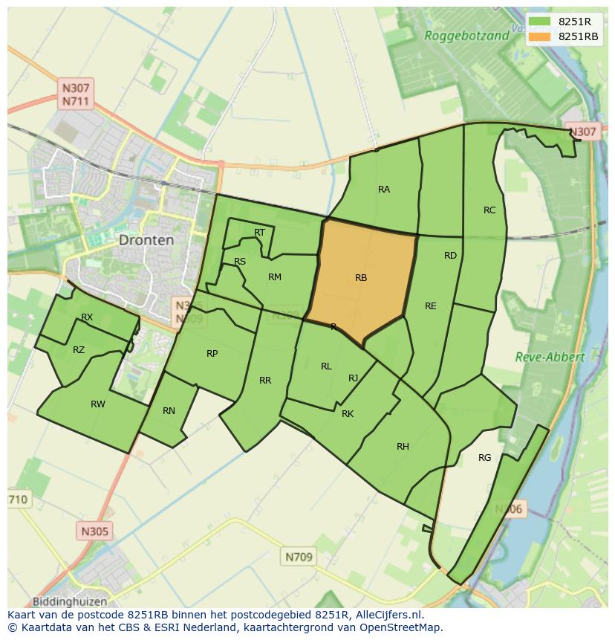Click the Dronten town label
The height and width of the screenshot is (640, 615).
click(x=146, y=240)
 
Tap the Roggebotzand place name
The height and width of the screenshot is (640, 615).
click(x=466, y=35)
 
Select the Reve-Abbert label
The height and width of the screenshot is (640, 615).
click(x=550, y=357)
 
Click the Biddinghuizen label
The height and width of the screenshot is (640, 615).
click(x=70, y=601)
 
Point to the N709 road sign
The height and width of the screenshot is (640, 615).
click(x=299, y=557)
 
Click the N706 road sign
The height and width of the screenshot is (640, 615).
click(x=510, y=509)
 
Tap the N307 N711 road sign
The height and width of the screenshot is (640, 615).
click(x=77, y=94)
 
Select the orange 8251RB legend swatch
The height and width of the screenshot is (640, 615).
click(x=540, y=36)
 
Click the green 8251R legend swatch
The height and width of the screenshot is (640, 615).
click(x=540, y=22)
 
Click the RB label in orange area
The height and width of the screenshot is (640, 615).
click(x=361, y=278)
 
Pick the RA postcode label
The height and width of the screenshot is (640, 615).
click(x=383, y=190)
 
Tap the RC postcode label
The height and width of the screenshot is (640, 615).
click(x=489, y=210)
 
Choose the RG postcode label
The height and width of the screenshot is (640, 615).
click(x=484, y=458)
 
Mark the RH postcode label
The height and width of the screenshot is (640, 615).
click(x=403, y=447)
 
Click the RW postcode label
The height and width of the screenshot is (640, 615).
click(x=97, y=404)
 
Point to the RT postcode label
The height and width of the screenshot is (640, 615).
click(x=259, y=233)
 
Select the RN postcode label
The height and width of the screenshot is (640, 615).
click(x=169, y=411)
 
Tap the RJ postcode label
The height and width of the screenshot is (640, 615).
click(x=353, y=378)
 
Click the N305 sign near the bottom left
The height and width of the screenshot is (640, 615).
click(x=94, y=531)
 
